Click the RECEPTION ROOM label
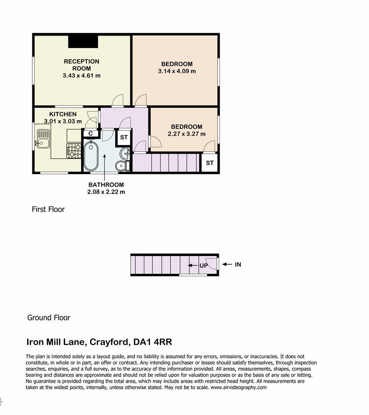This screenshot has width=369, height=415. tap(81, 65)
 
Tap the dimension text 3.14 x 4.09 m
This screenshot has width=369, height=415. tap(177, 71)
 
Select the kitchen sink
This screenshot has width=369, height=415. tap(43, 139)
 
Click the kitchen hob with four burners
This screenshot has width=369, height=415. tap(73, 150)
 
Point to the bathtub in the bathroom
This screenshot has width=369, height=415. tap(91, 156)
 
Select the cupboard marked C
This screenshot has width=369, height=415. tap(90, 133)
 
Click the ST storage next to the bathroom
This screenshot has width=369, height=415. tap(124, 137)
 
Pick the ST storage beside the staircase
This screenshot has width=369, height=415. tap(209, 163)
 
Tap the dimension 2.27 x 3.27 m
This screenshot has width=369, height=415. tap(186, 134)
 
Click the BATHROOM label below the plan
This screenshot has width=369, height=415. tap(106, 185)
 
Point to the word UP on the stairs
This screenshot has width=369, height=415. tap(203, 266)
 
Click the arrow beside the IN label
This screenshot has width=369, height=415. tap(227, 264)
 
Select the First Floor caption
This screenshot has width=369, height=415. tap(48, 209)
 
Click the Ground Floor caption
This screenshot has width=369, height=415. tap(48, 318)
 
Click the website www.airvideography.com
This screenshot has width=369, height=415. tap(238, 387)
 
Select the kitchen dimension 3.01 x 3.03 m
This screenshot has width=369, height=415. tap(63, 121)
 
